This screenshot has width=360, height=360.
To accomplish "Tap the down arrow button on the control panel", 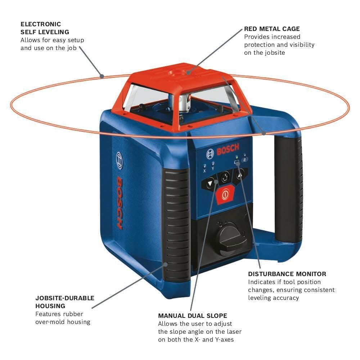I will (x=210, y=184).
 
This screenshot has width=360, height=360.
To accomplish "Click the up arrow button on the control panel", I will (x=240, y=174).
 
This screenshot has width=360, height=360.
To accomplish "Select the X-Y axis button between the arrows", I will (x=225, y=177).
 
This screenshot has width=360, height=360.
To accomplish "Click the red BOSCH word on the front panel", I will (x=228, y=150).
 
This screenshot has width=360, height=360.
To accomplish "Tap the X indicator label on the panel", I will (x=205, y=171).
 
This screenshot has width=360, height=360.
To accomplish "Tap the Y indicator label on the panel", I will (x=213, y=168).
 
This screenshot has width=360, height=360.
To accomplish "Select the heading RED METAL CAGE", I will (x=272, y=29).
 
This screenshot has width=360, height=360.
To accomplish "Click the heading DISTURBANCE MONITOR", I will (x=287, y=274).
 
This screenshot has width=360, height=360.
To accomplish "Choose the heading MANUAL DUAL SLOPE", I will (x=193, y=316).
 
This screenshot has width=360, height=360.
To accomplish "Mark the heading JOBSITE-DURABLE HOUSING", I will (x=65, y=302).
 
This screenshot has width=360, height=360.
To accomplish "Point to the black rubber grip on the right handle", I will (x=288, y=191).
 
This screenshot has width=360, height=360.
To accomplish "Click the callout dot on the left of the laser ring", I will (x=102, y=76).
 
